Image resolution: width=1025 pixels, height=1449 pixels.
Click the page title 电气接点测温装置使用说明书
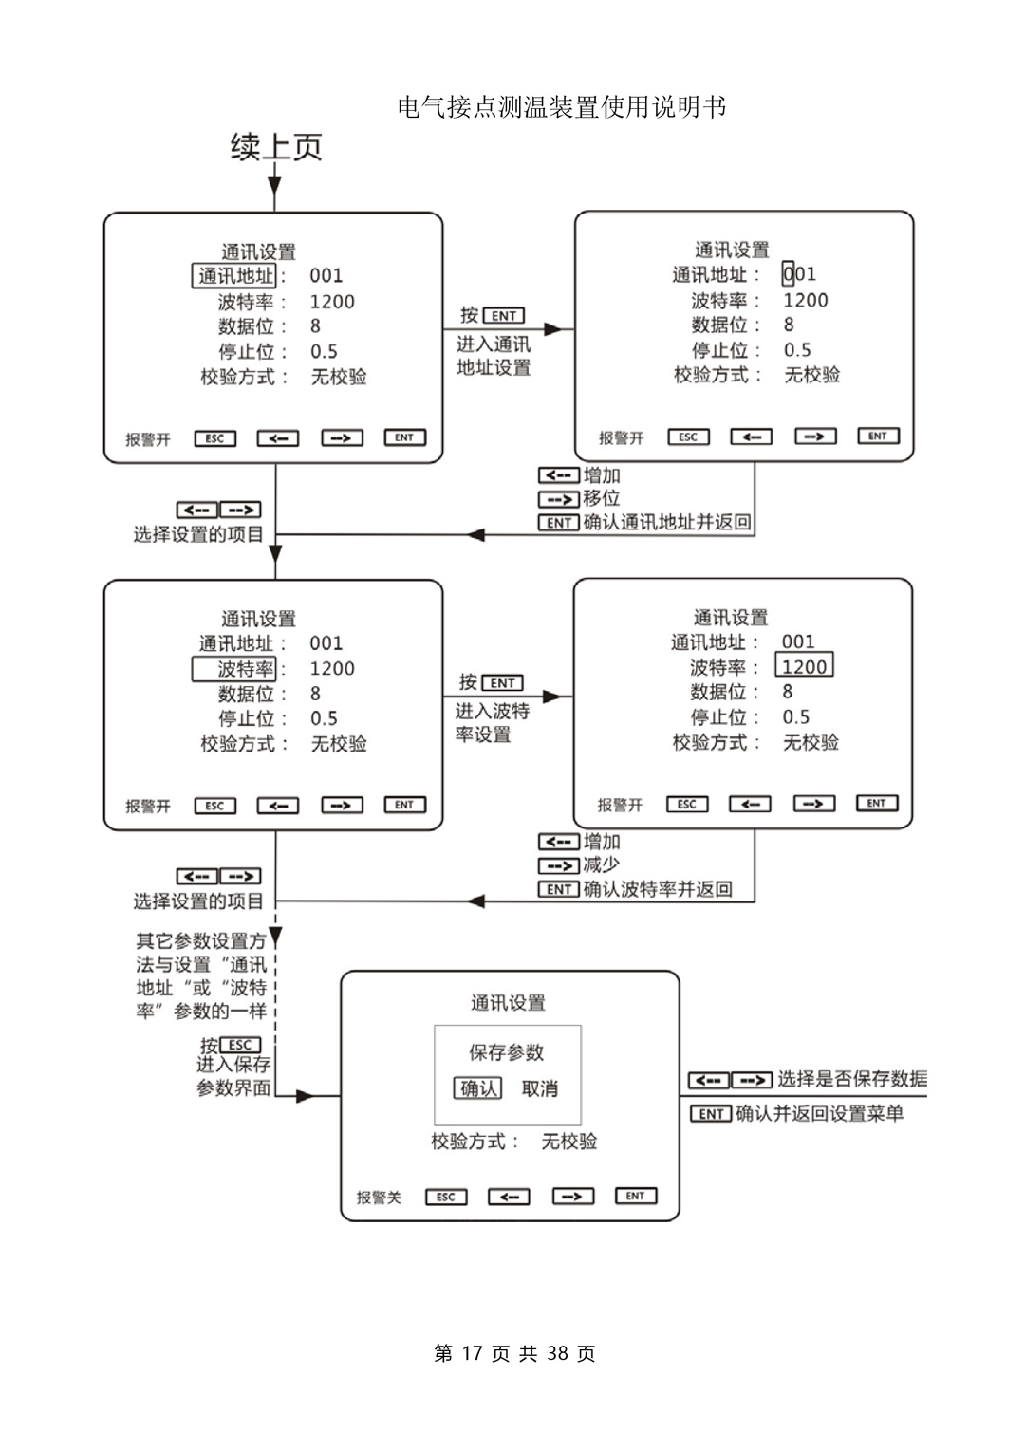pyautogui.click(x=562, y=107)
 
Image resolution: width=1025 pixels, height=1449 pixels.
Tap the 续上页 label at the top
pyautogui.click(x=276, y=147)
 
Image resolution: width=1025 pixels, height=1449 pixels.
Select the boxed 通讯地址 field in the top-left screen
pyautogui.click(x=234, y=276)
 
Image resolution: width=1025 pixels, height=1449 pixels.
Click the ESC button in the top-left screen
pyautogui.click(x=214, y=438)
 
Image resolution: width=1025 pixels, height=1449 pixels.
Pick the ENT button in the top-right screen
pyautogui.click(x=878, y=437)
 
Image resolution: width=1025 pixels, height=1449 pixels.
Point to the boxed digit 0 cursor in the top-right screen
pyautogui.click(x=788, y=274)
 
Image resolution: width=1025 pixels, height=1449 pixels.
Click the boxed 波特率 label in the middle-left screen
pyautogui.click(x=233, y=669)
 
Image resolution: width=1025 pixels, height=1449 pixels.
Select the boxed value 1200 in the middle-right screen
pyautogui.click(x=804, y=666)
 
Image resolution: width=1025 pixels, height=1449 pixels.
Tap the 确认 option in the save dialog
pyautogui.click(x=478, y=1088)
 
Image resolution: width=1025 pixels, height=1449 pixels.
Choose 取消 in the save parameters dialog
pyautogui.click(x=540, y=1088)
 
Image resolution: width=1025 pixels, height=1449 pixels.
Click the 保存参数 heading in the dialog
pyautogui.click(x=507, y=1052)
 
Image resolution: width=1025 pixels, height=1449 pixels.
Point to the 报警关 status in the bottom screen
pyautogui.click(x=379, y=1198)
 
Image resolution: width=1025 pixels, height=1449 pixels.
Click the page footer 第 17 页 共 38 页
pyautogui.click(x=514, y=1353)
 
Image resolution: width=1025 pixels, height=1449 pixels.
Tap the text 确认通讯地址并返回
pyautogui.click(x=666, y=522)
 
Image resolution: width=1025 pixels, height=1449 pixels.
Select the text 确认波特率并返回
pyautogui.click(x=657, y=889)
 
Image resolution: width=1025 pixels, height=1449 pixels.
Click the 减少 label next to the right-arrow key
pyautogui.click(x=601, y=864)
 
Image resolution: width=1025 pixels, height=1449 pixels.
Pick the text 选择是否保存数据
pyautogui.click(x=851, y=1079)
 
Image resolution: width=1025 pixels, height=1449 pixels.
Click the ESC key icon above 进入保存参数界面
pyautogui.click(x=239, y=1046)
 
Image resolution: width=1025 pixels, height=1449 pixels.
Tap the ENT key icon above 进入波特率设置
pyautogui.click(x=502, y=683)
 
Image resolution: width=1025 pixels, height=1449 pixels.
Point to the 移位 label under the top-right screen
pyautogui.click(x=601, y=498)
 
